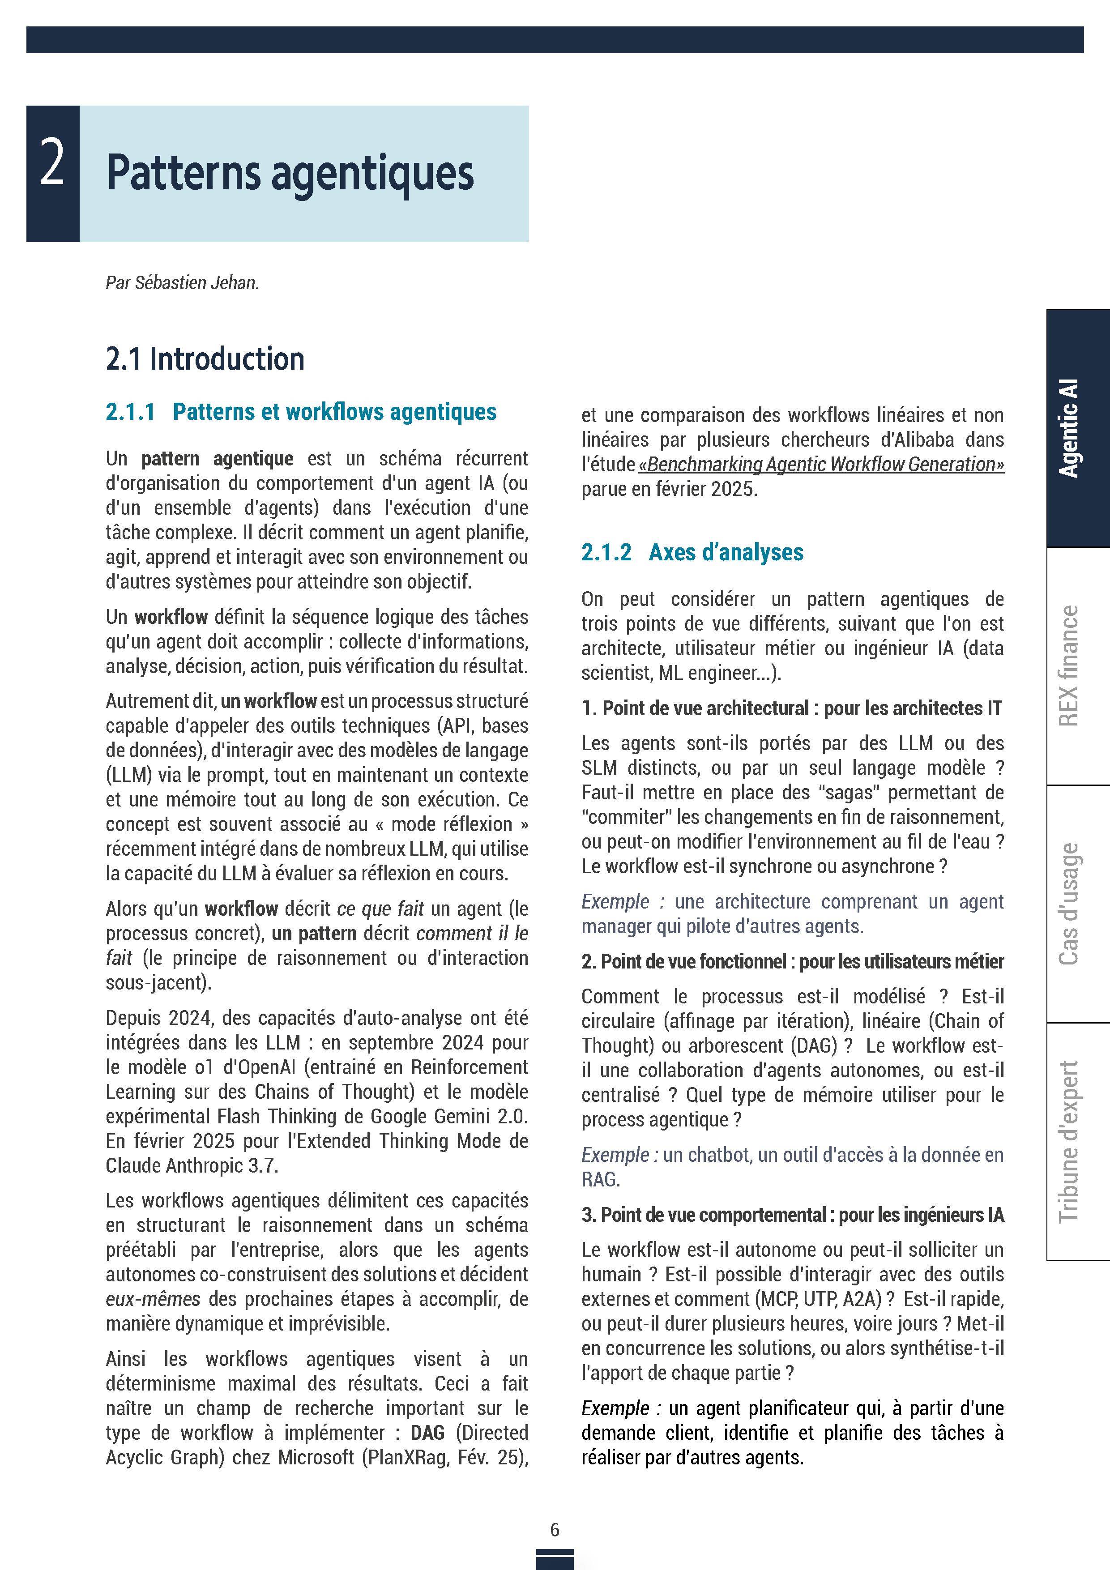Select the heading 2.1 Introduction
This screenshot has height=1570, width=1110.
coord(205,359)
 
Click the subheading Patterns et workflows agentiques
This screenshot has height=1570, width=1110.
coord(334,412)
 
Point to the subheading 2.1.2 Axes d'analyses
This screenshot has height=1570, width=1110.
coord(692,552)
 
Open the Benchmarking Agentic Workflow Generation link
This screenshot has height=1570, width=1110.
coord(821,464)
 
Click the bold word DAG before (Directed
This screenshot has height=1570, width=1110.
coord(427,1433)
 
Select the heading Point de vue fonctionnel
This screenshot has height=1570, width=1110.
coord(693,961)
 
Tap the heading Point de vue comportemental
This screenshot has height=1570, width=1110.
coord(713,1215)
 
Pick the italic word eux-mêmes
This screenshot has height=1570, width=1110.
coord(153,1298)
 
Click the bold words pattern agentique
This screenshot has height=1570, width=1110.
coord(218,458)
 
